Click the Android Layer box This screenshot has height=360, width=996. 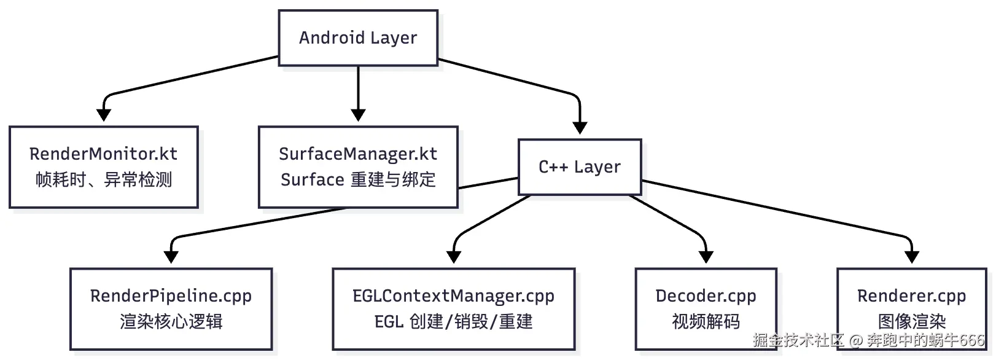358,38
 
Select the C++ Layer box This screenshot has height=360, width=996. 580,167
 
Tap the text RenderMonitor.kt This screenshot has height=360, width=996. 103,154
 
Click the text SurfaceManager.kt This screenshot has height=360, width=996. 358,154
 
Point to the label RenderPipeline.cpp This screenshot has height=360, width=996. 171,296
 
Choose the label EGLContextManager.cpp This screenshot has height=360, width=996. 453,296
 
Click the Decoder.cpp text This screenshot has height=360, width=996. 706,296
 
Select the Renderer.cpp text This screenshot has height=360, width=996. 911,296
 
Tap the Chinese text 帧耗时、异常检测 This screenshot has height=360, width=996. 103,180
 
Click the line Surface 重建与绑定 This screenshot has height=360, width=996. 358,180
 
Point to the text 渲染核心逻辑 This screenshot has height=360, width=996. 171,322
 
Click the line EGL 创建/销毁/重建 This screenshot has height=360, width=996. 453,322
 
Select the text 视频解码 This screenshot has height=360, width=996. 706,322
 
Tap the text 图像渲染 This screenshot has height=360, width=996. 911,321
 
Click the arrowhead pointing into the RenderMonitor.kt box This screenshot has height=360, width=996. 104,115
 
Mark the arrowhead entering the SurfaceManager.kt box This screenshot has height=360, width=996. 358,115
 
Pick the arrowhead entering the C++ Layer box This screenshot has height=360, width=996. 580,128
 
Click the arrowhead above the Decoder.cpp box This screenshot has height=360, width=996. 706,257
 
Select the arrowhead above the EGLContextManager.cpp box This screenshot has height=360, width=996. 454,257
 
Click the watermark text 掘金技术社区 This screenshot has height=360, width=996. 798,340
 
